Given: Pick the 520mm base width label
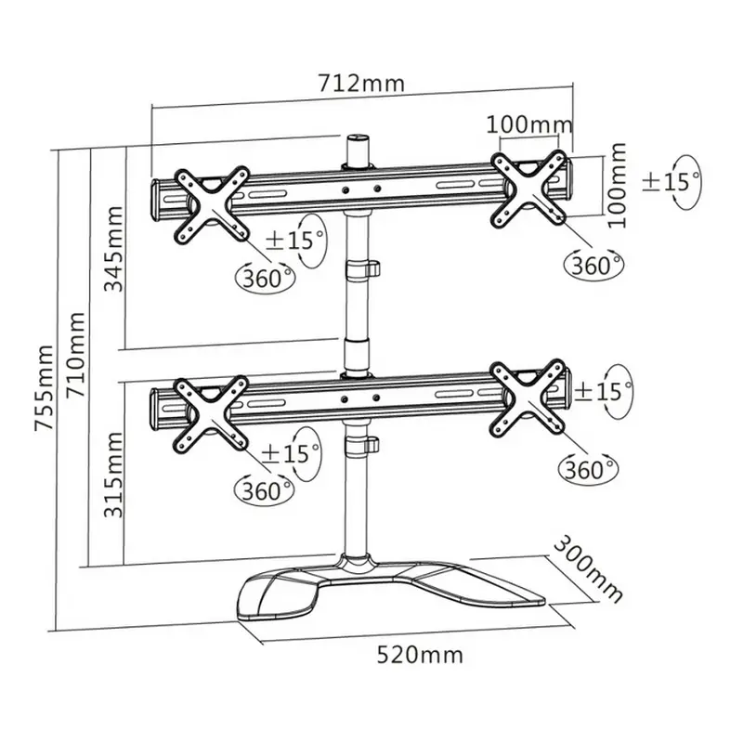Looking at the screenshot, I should pyautogui.click(x=419, y=655).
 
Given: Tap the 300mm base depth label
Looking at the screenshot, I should pyautogui.click(x=588, y=567).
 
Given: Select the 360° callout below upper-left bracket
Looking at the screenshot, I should pyautogui.click(x=267, y=277).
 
